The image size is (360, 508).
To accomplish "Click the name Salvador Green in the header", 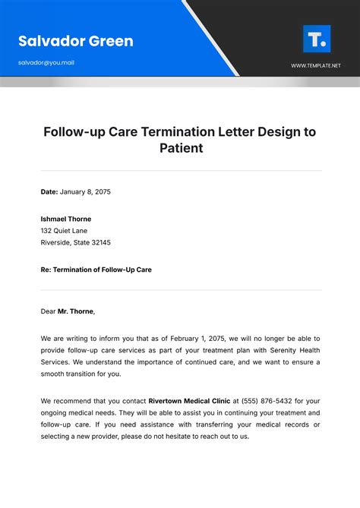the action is [75, 41].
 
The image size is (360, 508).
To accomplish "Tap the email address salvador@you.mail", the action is [46, 62].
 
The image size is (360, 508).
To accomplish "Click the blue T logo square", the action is [316, 39].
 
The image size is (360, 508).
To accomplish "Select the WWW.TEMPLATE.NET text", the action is [316, 66].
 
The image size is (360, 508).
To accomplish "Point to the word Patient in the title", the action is [181, 148].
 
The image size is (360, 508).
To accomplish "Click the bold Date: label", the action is [49, 191].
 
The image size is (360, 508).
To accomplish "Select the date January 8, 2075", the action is [86, 191].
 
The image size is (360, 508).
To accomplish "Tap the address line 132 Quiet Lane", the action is [65, 231].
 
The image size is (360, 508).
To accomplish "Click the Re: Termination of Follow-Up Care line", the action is [96, 270].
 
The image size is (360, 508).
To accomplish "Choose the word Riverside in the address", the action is [55, 243].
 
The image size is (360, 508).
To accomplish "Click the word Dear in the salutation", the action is [48, 311].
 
